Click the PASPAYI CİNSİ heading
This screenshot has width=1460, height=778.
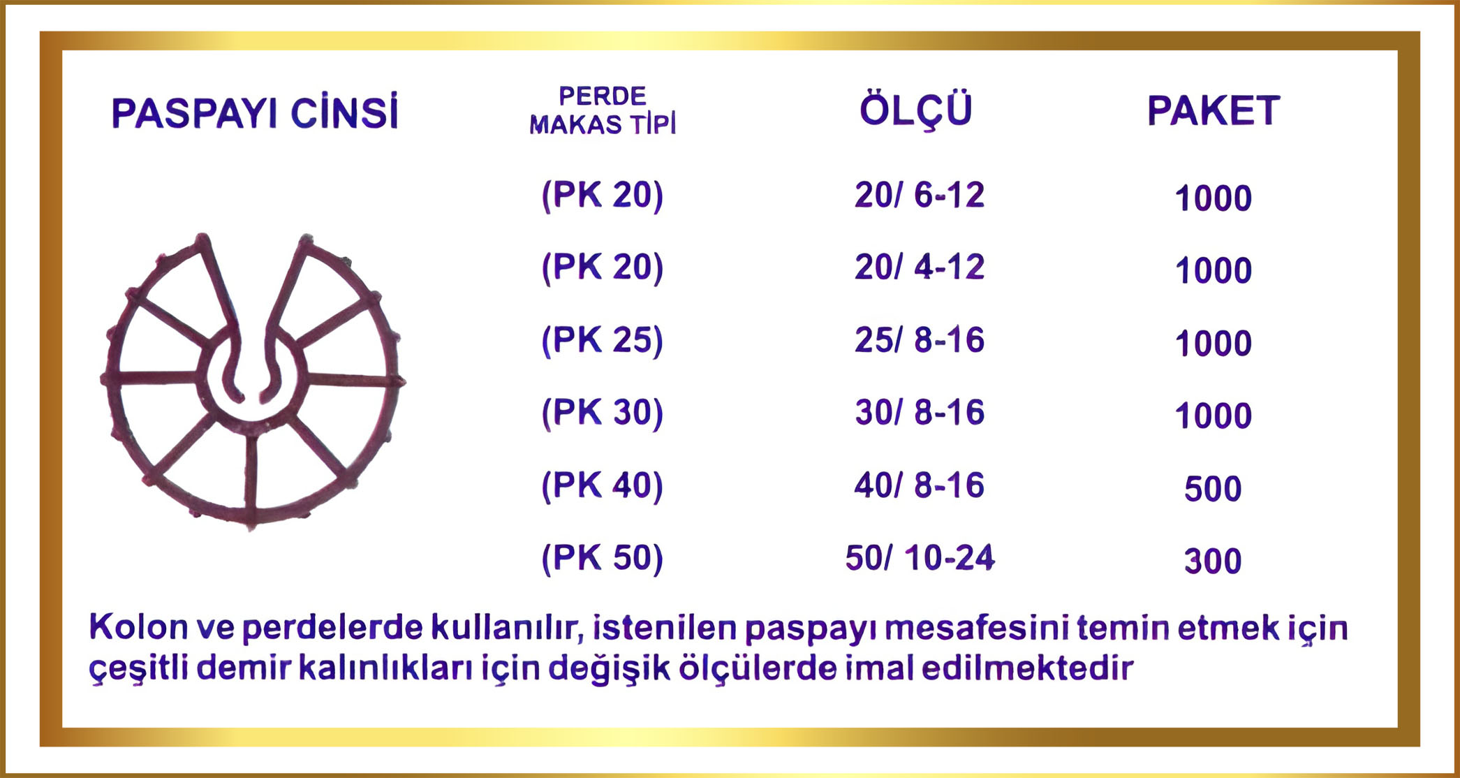coord(255,112)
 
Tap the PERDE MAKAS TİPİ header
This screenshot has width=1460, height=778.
coord(603,110)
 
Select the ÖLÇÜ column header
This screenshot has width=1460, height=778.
coord(915,110)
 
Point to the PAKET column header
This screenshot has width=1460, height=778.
coord(1214,110)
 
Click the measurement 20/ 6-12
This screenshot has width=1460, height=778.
coord(920,195)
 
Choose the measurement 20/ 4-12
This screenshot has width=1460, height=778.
coord(920,267)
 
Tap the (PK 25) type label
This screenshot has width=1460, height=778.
coord(603,341)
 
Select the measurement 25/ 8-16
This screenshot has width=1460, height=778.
coord(920,340)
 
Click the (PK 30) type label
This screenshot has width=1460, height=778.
coord(603,413)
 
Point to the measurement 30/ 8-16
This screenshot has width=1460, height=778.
coord(920,413)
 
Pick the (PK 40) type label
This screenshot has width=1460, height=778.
coord(603,486)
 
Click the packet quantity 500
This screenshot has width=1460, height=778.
coord(1213,489)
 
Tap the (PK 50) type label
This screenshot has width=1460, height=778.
coord(603,559)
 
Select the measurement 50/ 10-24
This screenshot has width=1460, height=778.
coord(920,558)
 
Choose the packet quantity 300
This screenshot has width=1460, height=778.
coord(1213,562)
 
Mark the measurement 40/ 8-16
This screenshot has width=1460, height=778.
coord(920,485)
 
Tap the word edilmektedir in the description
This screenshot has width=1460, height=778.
coord(1027,668)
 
